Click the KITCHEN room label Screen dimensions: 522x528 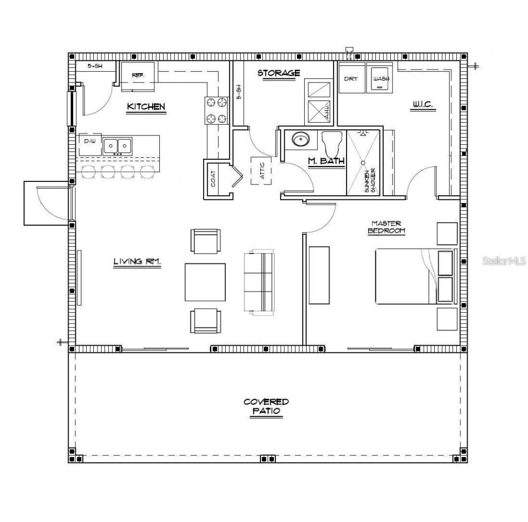146,107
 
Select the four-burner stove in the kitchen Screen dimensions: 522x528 217,110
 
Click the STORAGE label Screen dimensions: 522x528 278,73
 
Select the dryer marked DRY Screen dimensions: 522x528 351,78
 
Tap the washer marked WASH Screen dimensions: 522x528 381,78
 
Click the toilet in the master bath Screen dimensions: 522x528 333,142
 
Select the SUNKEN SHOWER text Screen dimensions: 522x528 370,180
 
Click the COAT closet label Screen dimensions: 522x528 213,179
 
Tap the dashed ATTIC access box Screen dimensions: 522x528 261,170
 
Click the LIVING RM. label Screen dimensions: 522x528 137,262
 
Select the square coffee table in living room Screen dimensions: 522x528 205,282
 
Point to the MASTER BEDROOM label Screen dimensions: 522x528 386,227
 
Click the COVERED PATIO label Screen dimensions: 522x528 266,407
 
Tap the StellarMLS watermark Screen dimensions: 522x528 504,261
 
